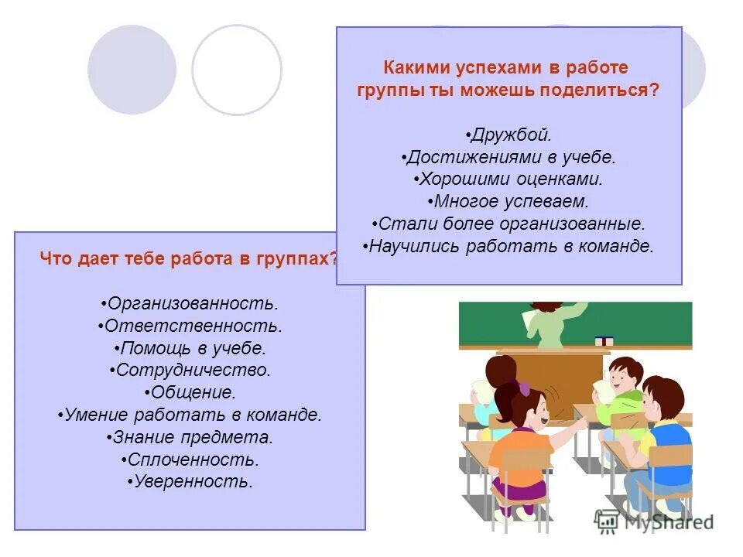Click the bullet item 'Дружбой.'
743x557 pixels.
point(508,135)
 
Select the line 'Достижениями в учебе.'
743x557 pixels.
point(508,158)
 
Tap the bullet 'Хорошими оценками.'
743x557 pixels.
point(508,179)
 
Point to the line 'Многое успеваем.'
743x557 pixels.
point(508,202)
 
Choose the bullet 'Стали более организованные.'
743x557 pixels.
point(508,224)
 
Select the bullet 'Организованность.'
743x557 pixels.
point(190,304)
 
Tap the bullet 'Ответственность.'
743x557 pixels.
point(190,326)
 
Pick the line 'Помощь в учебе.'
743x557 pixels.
point(190,348)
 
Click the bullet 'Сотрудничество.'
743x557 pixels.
point(190,371)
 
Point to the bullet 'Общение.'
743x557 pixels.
point(190,393)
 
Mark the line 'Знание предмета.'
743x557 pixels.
point(190,438)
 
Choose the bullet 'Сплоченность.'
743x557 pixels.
point(190,460)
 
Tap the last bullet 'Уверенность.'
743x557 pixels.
point(190,483)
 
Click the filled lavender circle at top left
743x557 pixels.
point(132,70)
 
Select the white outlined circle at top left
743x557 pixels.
point(237,70)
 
